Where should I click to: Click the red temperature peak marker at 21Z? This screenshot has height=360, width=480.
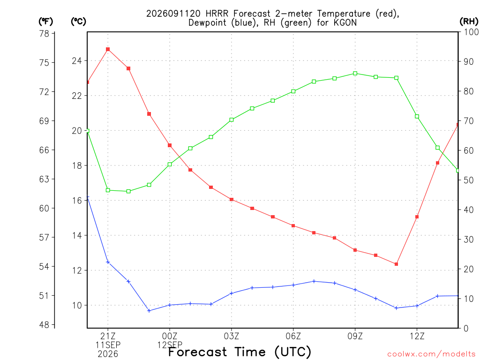tap(108, 49)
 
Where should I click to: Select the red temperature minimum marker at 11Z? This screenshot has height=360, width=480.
tap(396, 264)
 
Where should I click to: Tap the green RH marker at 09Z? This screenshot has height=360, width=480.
tap(355, 74)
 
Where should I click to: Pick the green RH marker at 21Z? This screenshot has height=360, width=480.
tap(108, 190)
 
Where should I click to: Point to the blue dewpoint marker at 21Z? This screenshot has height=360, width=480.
tap(108, 262)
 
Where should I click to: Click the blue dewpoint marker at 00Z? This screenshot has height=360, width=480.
tap(170, 305)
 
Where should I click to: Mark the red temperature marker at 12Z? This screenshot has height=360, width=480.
tap(417, 217)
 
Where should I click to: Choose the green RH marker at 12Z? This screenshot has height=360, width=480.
tap(417, 116)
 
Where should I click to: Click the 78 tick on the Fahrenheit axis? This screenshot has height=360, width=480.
tap(44, 33)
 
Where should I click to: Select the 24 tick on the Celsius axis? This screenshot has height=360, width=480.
tap(77, 61)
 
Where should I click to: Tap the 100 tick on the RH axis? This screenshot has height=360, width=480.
tap(472, 32)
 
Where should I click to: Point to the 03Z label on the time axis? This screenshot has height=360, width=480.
tap(232, 337)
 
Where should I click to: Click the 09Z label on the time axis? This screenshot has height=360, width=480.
tap(355, 337)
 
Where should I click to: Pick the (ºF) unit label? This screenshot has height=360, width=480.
tap(45, 22)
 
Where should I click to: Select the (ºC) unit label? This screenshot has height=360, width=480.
tap(78, 22)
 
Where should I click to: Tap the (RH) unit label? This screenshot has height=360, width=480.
tap(469, 22)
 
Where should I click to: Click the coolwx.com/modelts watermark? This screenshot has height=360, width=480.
tap(431, 354)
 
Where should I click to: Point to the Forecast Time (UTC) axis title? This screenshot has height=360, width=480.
tap(240, 352)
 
